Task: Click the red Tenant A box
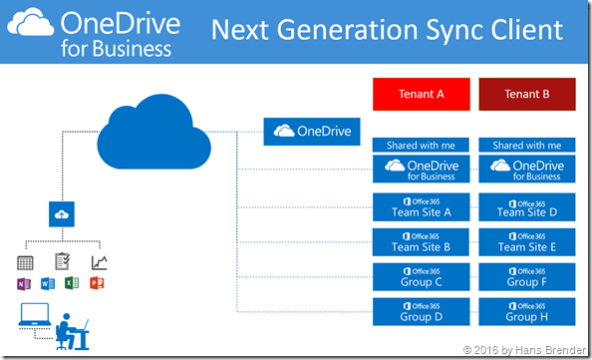coord(421,96)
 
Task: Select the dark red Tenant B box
coord(526,96)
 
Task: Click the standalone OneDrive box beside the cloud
coord(312,131)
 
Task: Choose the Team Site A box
coord(421,206)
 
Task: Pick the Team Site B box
coord(421,241)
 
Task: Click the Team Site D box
coord(526,206)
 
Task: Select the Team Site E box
coord(526,241)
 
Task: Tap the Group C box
coord(421,276)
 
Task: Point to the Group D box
coord(421,311)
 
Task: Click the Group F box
coord(526,276)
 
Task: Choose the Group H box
coord(526,311)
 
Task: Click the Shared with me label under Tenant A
coord(421,145)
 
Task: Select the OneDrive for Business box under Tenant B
coord(526,169)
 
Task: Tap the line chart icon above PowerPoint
coord(99,262)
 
